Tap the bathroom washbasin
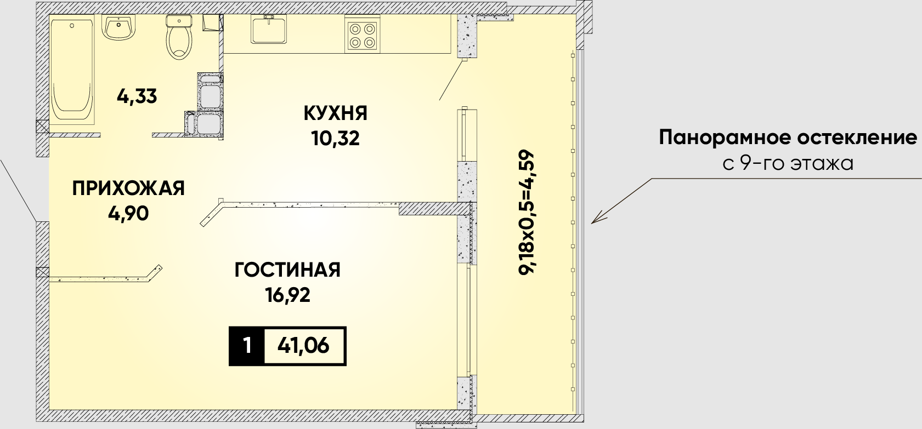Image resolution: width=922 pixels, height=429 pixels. point(119,27)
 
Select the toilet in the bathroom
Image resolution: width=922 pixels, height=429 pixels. point(179,37)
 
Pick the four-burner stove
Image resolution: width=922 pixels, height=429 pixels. point(362,36)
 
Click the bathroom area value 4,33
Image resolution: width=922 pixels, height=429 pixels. point(137,96)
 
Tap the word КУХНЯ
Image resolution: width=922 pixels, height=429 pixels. point(336,113)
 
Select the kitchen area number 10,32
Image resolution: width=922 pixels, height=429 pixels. point(336,139)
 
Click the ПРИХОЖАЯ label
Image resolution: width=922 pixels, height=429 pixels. point(128,188)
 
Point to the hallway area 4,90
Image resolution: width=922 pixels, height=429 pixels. point(128,214)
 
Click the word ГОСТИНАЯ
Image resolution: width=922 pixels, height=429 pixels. point(287,270)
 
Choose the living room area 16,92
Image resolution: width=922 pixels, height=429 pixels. point(287,295)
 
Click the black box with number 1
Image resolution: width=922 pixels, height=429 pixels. point(247,346)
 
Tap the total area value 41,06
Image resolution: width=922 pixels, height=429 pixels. point(303,346)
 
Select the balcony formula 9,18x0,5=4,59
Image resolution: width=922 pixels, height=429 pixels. point(527,212)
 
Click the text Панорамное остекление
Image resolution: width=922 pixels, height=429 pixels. point(788,138)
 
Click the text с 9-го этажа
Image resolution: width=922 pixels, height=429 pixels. point(788,163)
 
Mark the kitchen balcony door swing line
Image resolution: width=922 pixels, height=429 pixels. point(452,81)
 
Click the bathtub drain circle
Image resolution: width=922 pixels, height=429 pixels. point(72,26)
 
